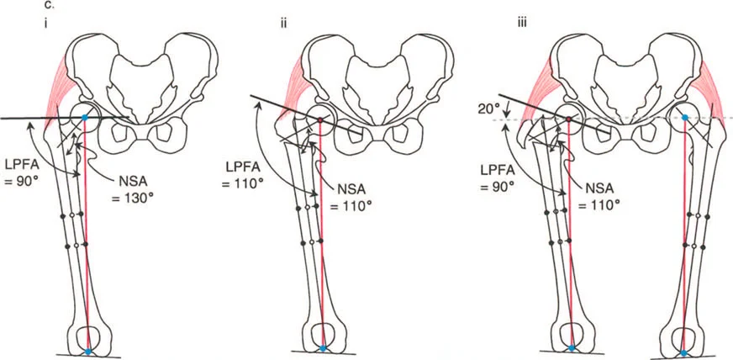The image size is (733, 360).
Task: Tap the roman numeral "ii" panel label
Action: point(282,23)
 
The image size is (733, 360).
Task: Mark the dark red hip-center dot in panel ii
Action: point(320,121)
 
